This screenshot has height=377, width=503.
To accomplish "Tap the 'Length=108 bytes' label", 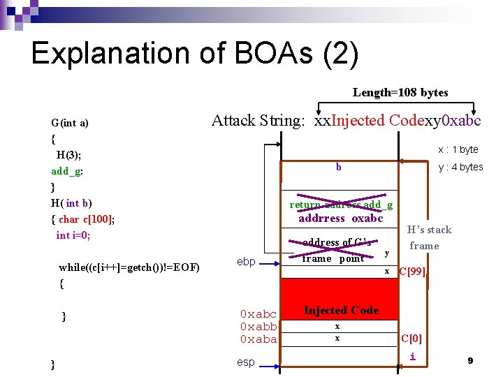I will [400, 92].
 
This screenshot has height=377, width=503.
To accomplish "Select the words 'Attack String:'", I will [258, 121].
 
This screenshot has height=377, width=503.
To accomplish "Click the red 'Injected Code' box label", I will [341, 310].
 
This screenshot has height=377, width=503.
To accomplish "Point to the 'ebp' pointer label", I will [246, 262].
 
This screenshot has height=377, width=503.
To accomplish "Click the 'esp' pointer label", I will [246, 362].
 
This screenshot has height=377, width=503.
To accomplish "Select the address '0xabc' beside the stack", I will [258, 314].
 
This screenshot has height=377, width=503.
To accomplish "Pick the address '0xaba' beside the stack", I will [258, 339].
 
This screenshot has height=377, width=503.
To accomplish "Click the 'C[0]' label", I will [411, 339].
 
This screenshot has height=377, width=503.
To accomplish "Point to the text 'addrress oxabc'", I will [341, 218].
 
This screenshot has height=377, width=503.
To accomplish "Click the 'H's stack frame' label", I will [430, 237].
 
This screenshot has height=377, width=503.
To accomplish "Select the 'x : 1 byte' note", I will [458, 149].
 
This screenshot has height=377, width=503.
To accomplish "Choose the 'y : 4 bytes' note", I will [460, 167].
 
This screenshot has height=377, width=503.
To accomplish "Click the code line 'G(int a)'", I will [70, 123].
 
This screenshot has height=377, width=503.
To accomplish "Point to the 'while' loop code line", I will [129, 267].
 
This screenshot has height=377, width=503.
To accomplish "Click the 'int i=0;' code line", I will [73, 235].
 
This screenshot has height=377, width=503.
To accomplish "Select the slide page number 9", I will [470, 360].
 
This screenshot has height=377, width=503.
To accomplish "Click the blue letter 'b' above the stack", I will [339, 167].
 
